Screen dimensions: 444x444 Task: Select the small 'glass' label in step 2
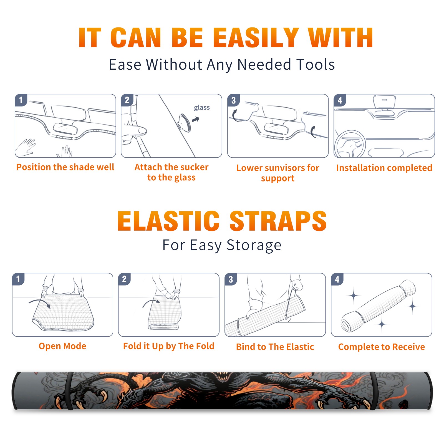[202, 108]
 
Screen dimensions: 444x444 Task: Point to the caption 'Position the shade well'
[65, 167]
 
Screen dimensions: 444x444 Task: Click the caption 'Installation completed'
[384, 168]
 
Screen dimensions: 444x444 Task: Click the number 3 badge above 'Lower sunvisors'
[233, 100]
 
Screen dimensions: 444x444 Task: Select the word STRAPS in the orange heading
[278, 221]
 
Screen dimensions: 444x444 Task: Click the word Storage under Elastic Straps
[254, 245]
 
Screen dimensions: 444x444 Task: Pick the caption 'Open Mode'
[62, 346]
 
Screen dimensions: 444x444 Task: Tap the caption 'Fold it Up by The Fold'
[169, 346]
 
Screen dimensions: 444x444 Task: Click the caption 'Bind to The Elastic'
[275, 347]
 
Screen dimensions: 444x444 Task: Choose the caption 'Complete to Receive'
[382, 347]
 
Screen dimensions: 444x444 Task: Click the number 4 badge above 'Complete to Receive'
[337, 279]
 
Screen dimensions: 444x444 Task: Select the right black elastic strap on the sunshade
[374, 391]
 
